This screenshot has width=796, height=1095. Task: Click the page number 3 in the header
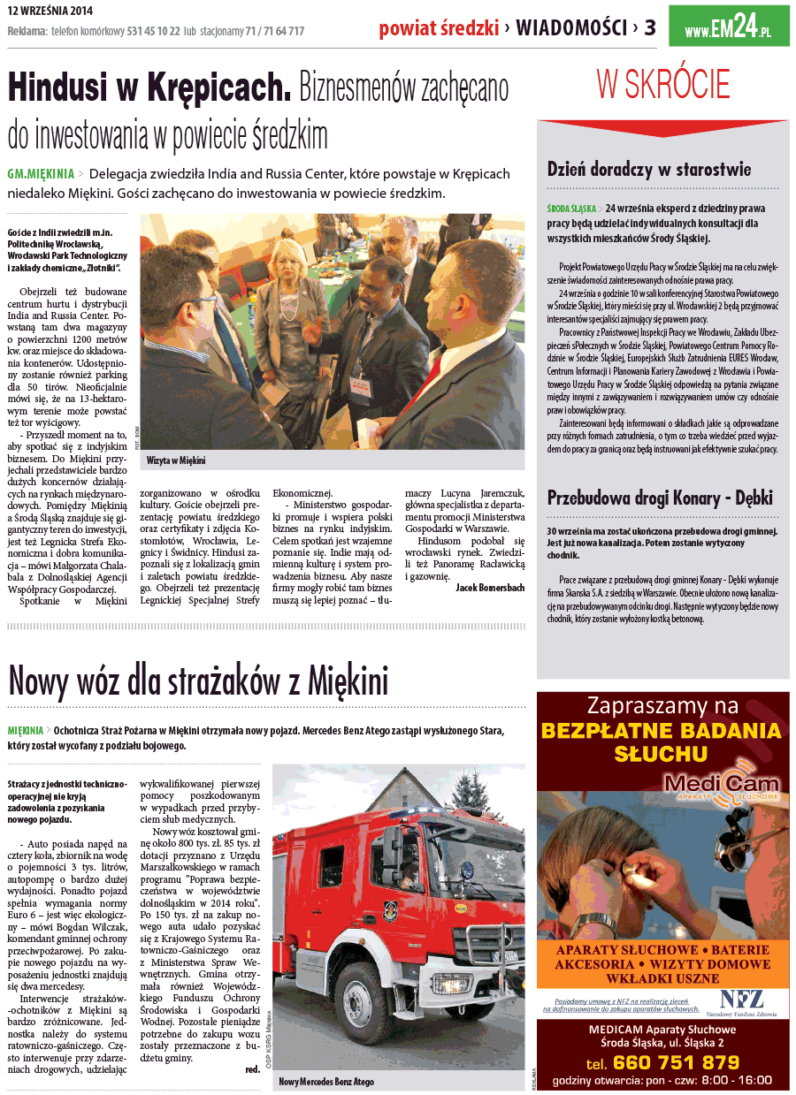650,28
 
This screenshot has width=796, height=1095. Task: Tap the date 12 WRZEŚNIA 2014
50,11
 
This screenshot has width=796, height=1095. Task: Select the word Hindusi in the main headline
73,88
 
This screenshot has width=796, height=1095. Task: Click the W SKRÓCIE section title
663,85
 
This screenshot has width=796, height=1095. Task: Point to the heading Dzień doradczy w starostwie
649,169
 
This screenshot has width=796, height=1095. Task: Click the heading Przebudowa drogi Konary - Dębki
660,497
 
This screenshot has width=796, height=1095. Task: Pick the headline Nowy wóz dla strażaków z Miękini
198,681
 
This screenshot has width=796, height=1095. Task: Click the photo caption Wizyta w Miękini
176,460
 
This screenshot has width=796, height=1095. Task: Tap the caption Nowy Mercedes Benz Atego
326,1082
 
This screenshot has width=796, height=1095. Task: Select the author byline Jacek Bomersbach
490,587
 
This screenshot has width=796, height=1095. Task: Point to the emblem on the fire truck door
390,911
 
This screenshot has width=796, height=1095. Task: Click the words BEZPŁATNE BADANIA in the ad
662,731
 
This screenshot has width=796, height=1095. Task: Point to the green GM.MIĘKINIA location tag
41,174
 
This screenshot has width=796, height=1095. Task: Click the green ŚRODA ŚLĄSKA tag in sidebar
571,209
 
